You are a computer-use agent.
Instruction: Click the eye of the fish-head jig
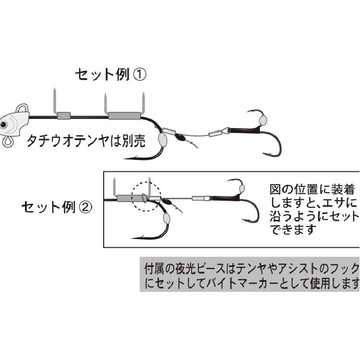pos(4,125)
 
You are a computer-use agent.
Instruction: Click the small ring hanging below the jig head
pos(9,142)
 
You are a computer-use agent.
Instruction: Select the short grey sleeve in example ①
pos(63,115)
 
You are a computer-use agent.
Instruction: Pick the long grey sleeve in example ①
pos(124,115)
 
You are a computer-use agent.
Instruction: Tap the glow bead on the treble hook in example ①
pos(263,120)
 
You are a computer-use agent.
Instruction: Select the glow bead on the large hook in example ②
pos(167,217)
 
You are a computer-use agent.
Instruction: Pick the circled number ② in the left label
pos(84,207)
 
